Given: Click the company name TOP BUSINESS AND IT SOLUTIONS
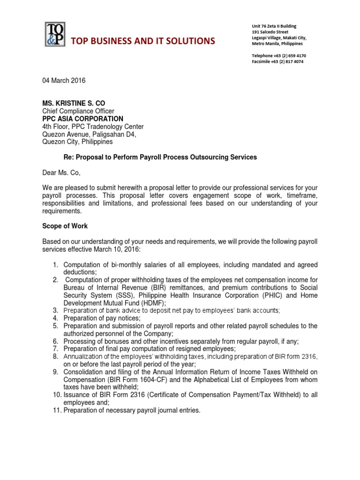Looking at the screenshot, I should [x=143, y=41].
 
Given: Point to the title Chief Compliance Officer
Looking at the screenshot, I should [x=78, y=111].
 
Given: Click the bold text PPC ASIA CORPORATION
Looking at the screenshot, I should [x=83, y=119].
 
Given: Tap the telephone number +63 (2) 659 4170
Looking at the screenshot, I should [x=288, y=55].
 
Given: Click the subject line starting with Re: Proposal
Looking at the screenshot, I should [x=160, y=157].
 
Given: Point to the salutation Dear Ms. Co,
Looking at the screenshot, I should [x=61, y=172].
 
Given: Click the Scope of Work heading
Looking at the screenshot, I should [x=63, y=226].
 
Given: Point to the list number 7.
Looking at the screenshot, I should [x=55, y=349].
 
